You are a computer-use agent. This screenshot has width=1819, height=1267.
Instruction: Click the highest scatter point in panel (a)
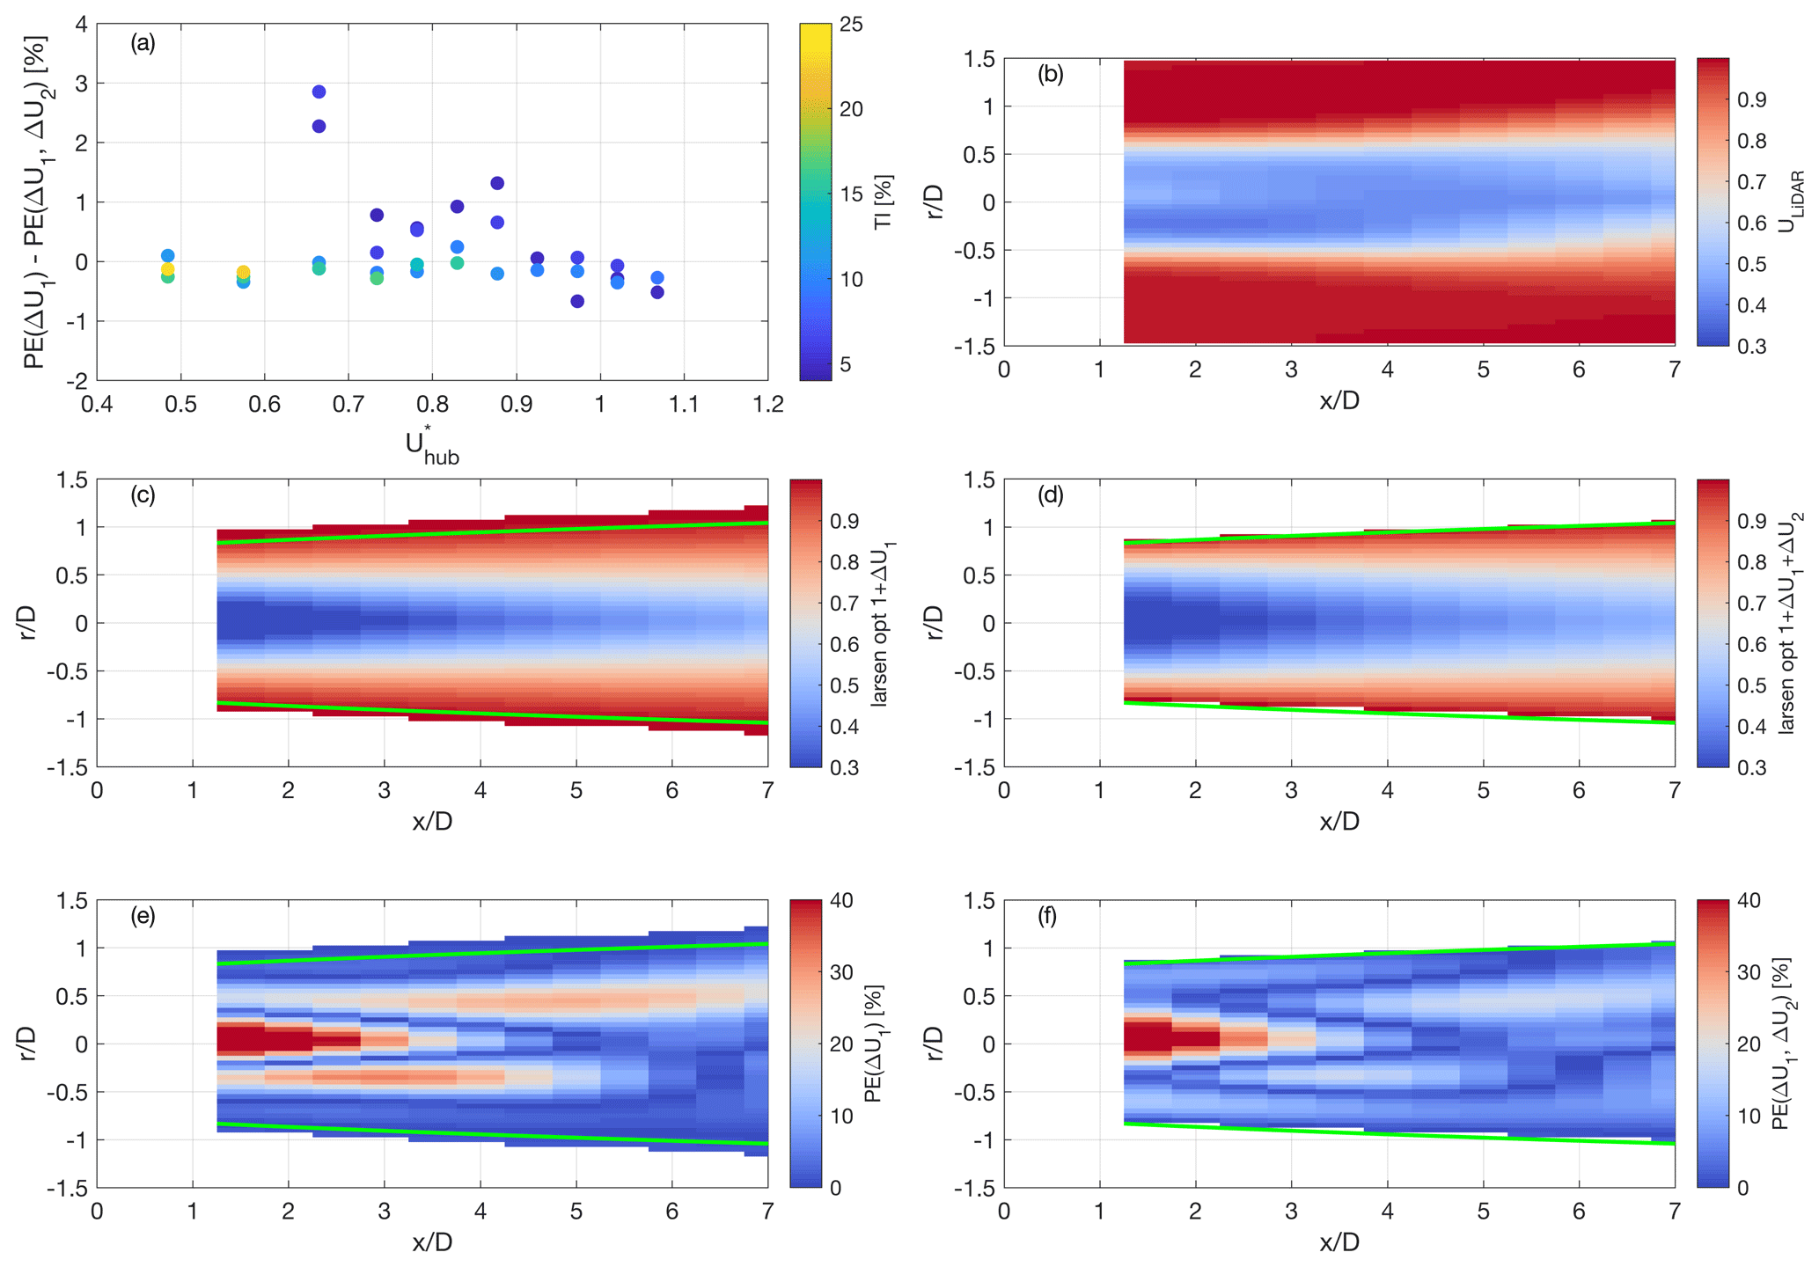point(319,92)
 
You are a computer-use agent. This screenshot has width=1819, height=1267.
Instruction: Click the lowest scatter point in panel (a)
point(577,301)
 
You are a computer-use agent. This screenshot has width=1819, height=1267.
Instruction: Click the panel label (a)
point(143,43)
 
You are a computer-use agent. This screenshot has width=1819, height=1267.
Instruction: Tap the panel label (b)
point(1050,75)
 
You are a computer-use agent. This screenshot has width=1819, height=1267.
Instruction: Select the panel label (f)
point(1046,917)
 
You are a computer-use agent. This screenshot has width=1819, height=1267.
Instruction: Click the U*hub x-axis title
point(431,445)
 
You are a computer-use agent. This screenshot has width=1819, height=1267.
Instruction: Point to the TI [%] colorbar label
point(883,201)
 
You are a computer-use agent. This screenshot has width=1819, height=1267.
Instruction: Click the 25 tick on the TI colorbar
point(851,25)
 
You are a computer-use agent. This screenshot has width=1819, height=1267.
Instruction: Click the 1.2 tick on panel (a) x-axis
point(767,404)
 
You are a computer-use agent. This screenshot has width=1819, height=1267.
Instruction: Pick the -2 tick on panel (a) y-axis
point(79,381)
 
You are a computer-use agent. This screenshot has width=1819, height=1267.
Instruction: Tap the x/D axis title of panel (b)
point(1339,400)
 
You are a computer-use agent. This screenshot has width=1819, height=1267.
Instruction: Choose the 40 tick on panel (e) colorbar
point(841,901)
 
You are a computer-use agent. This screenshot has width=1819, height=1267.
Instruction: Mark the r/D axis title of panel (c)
point(28,623)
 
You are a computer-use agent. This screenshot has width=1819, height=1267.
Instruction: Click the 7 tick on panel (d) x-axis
point(1674,791)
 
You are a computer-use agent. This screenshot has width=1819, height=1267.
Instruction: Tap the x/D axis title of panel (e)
point(431,1242)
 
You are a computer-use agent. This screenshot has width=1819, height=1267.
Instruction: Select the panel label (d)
point(1050,495)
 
